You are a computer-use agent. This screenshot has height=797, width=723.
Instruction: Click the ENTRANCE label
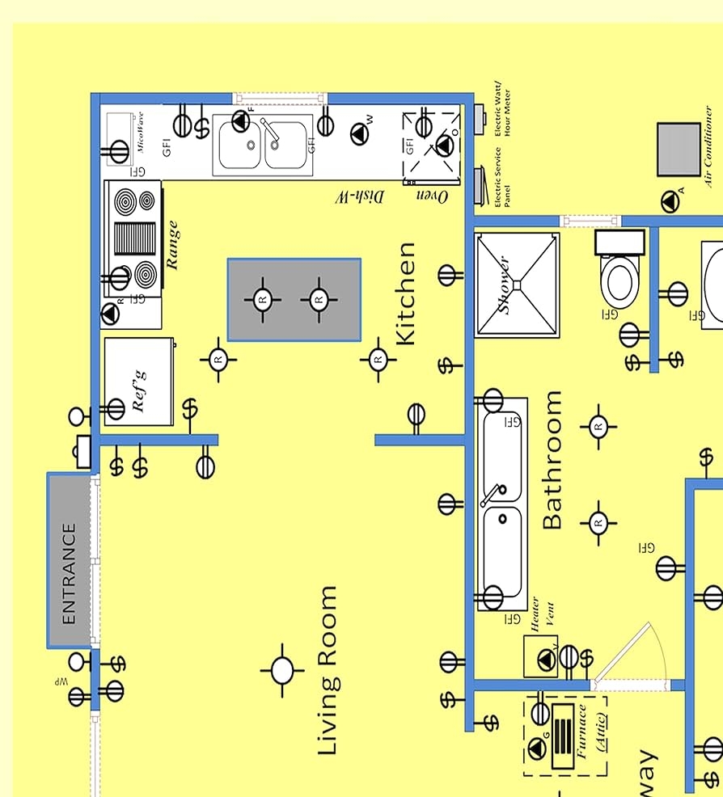[69, 574]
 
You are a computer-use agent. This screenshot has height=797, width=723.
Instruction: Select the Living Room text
[327, 671]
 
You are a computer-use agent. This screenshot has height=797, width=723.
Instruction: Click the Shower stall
[516, 285]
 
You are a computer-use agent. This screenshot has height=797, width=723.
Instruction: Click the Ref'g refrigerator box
[138, 382]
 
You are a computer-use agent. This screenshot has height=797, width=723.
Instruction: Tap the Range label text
[172, 245]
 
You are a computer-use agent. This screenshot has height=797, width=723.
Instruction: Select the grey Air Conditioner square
[678, 150]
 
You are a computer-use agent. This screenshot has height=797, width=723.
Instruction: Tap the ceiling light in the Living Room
[281, 670]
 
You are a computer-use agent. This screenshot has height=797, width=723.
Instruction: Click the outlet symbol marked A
[670, 202]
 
